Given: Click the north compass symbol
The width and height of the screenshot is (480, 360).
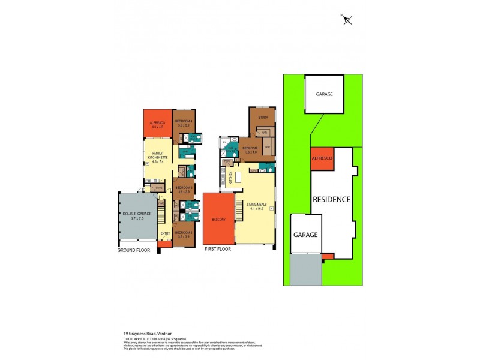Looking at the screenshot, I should coord(347,20).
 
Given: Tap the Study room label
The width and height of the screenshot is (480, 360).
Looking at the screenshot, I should coord(263,117).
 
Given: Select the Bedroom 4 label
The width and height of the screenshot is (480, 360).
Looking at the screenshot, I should coord(182,122).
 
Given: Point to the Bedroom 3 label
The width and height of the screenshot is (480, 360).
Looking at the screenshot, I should coord(184,189).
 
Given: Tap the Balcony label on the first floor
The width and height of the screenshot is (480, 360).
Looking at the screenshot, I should coord(218,220).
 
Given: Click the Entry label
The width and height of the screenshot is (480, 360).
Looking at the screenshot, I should coord(165,233).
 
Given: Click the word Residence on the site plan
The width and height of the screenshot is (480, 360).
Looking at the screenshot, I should coord(331,199).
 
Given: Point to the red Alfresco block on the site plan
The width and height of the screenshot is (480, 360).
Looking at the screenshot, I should coord(322,158).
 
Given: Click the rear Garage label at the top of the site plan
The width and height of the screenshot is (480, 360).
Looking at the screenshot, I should coord(324,94).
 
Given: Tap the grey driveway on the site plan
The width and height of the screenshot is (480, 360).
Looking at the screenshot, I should coord(306,269).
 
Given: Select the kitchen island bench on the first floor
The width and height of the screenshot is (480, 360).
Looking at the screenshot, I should coord(238,178).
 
